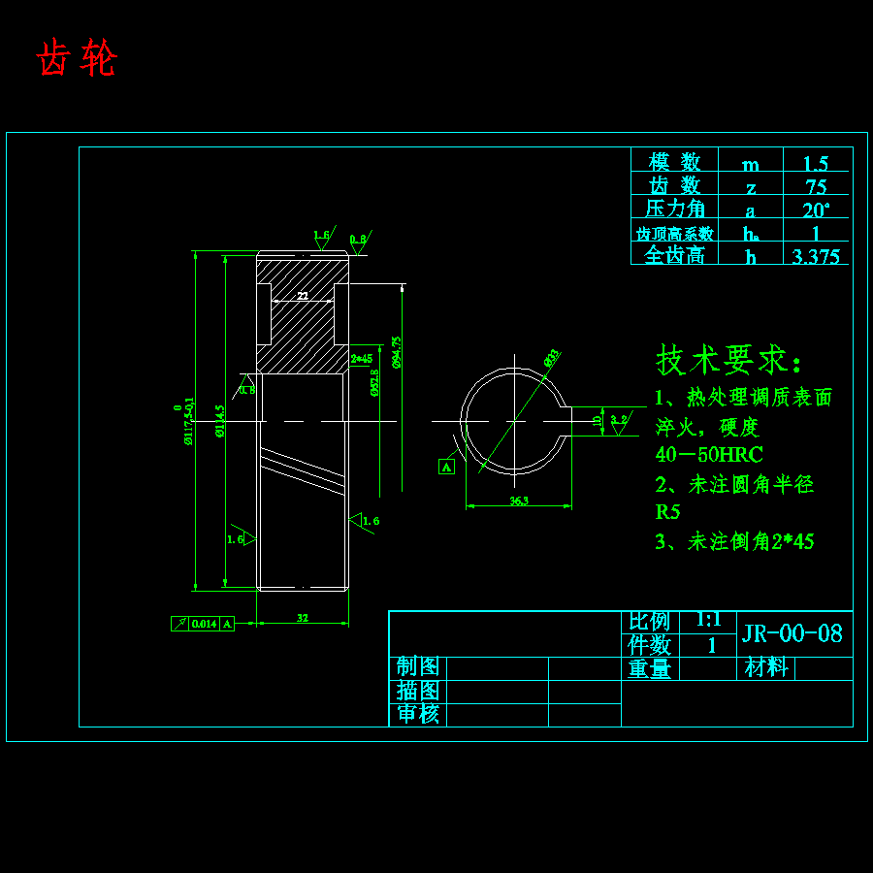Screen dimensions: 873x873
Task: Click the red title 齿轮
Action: click(x=77, y=60)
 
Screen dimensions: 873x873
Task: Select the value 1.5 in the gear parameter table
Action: click(x=816, y=163)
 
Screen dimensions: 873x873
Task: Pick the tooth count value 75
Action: click(x=816, y=186)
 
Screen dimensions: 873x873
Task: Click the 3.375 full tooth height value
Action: click(x=816, y=256)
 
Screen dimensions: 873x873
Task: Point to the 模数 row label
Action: click(x=674, y=162)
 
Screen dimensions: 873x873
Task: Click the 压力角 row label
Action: click(x=674, y=209)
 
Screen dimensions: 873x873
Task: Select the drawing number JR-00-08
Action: click(x=792, y=634)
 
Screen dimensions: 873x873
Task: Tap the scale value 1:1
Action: click(x=708, y=621)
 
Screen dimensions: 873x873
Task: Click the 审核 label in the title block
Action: click(x=418, y=715)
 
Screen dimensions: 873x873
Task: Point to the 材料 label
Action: click(x=766, y=668)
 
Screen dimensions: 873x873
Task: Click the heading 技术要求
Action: click(x=729, y=360)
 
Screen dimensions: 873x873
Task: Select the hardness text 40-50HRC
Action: click(x=709, y=454)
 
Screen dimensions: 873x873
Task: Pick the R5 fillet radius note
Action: click(x=667, y=512)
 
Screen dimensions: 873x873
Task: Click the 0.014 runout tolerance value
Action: click(x=204, y=624)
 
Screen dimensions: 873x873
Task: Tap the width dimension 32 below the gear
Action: click(x=303, y=618)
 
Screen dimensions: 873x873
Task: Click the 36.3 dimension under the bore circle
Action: click(x=518, y=501)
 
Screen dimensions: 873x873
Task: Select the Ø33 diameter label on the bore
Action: click(x=551, y=357)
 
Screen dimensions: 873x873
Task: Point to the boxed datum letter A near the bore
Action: click(x=446, y=467)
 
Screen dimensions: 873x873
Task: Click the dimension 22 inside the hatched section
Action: click(x=303, y=295)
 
